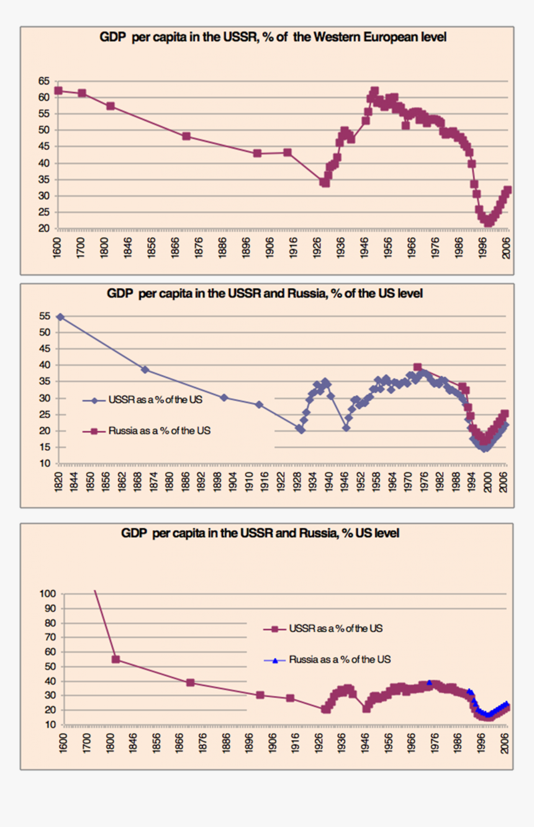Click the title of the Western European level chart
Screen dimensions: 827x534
tap(273, 37)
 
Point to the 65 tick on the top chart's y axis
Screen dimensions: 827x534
tap(44, 81)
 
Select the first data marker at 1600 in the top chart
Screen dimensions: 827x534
tap(58, 91)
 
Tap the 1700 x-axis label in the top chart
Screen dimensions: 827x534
tap(81, 249)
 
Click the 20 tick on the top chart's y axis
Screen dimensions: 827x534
tap(44, 228)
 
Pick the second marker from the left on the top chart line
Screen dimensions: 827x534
tap(82, 93)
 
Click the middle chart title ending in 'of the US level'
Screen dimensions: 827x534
tap(265, 294)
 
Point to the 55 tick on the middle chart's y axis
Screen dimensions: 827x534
tap(44, 317)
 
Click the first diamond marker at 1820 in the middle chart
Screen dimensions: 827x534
tap(60, 317)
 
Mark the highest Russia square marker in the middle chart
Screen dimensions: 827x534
tap(418, 367)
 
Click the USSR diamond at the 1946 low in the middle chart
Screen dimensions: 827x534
tap(346, 427)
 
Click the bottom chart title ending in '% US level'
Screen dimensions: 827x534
tap(260, 533)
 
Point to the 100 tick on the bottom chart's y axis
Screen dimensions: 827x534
tap(48, 594)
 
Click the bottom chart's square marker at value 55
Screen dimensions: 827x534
tap(115, 659)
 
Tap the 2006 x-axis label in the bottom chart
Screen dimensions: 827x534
tap(505, 745)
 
